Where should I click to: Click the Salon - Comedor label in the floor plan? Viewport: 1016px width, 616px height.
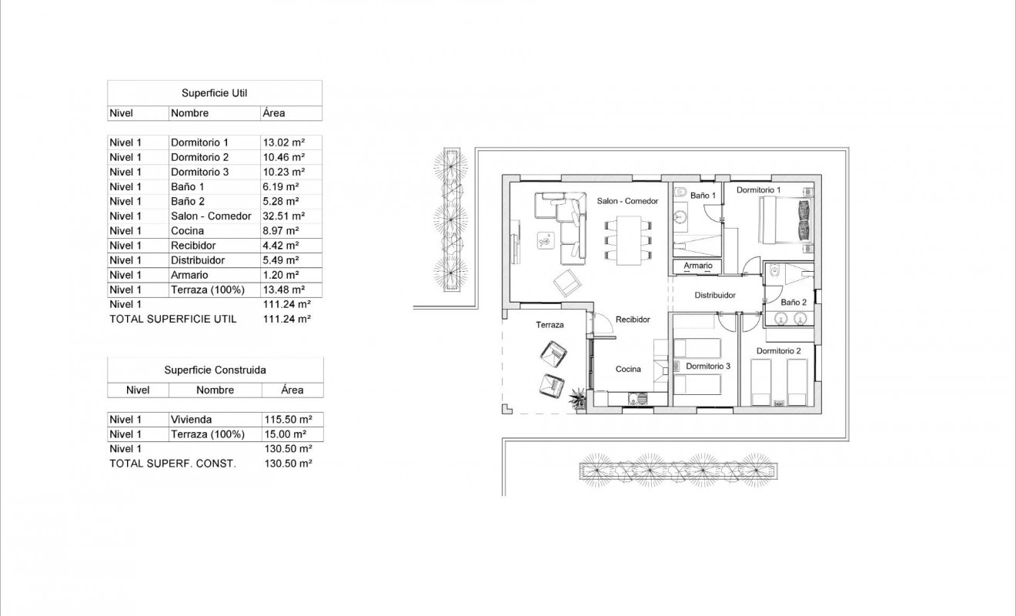pyautogui.click(x=627, y=201)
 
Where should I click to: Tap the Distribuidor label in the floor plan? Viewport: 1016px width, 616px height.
pyautogui.click(x=715, y=295)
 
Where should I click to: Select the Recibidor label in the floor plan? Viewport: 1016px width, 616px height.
pyautogui.click(x=633, y=319)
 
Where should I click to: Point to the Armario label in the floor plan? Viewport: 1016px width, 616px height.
pyautogui.click(x=698, y=266)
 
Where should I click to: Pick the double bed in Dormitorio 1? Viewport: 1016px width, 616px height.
pyautogui.click(x=787, y=221)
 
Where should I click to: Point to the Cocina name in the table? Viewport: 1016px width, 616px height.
pyautogui.click(x=187, y=231)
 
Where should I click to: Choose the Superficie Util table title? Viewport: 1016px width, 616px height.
pyautogui.click(x=214, y=92)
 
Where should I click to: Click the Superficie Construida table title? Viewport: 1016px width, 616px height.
pyautogui.click(x=215, y=370)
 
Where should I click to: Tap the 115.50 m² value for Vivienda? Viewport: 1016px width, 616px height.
pyautogui.click(x=287, y=420)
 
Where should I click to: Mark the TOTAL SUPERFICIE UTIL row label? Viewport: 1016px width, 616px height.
pyautogui.click(x=173, y=319)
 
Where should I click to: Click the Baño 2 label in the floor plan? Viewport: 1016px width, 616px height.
pyautogui.click(x=793, y=303)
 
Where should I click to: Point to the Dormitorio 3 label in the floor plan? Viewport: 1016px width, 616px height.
pyautogui.click(x=707, y=367)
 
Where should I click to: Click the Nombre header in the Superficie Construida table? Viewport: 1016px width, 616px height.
pyautogui.click(x=215, y=390)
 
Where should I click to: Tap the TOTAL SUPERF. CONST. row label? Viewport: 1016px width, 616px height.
pyautogui.click(x=172, y=464)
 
